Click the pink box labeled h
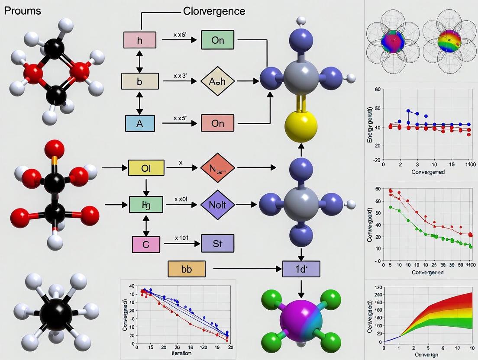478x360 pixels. tap(139, 40)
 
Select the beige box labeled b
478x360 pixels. tap(139, 81)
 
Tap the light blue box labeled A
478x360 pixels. tap(139, 123)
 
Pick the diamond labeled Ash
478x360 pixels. tap(217, 81)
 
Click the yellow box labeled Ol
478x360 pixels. tap(146, 167)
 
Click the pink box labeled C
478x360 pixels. tap(145, 244)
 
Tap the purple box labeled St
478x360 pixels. tap(217, 243)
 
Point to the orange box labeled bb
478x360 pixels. tap(186, 269)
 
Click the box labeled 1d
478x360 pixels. tap(301, 269)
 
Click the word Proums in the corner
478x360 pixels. tap(23, 11)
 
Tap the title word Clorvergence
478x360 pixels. tap(214, 11)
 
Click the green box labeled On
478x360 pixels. tap(217, 40)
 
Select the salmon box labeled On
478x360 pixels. tap(217, 123)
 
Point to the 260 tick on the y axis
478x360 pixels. tap(378, 295)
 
